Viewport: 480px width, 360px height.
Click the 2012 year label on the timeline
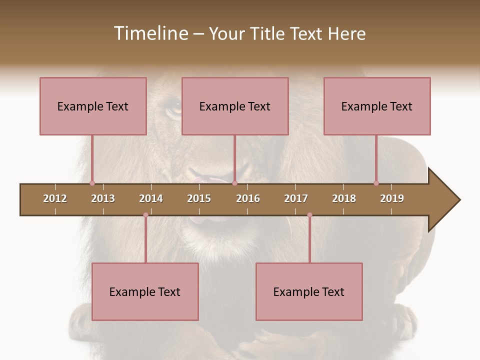pos(55,198)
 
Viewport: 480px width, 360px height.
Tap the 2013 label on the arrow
pos(103,198)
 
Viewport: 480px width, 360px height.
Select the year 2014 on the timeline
pos(151,198)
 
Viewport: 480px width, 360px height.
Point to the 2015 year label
pos(199,198)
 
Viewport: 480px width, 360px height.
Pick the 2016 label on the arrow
pos(248,198)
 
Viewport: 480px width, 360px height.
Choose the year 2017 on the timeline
pos(296,198)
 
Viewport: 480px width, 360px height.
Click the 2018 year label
pos(344,198)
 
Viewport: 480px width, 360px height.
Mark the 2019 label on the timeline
pos(392,198)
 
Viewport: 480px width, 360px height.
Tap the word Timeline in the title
pos(150,33)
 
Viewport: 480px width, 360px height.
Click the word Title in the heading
pos(267,33)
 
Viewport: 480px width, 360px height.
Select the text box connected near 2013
pos(93,106)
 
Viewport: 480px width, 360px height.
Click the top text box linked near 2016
pos(235,106)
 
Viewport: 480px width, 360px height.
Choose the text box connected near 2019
pos(377,106)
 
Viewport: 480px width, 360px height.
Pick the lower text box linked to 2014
pos(145,291)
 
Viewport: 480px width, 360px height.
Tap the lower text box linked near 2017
pos(309,291)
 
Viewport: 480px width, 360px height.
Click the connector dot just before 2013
pos(92,183)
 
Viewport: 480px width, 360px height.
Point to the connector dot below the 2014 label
pos(145,215)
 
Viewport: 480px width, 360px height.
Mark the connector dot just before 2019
pos(376,183)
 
